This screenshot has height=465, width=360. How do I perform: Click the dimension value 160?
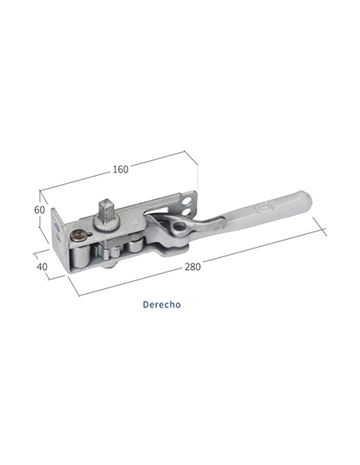[120, 170]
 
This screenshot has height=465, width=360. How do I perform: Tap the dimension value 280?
[193, 267]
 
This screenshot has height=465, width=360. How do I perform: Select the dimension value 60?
[40, 210]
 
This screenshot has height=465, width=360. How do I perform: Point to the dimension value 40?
[41, 267]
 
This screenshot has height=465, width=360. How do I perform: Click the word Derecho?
[162, 305]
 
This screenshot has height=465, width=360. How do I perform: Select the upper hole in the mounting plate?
[187, 201]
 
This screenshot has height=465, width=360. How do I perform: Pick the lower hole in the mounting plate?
[187, 212]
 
